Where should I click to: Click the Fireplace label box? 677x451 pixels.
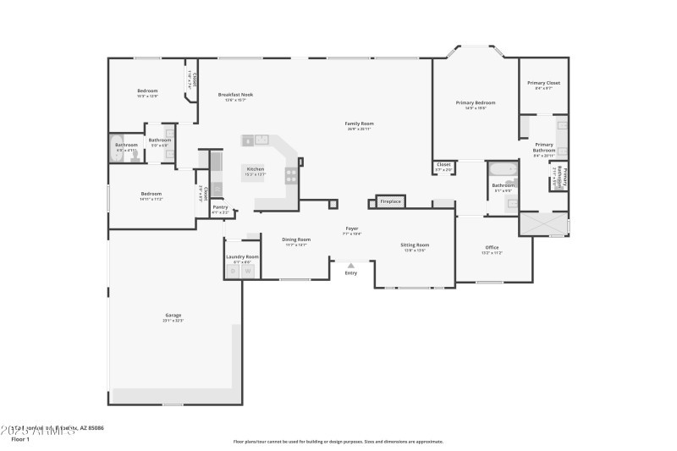pos(390,201)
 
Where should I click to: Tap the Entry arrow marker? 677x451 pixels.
pos(351,266)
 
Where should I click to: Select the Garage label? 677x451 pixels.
pos(173,316)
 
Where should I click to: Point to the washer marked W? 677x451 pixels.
pos(247,272)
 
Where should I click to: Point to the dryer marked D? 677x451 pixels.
pos(234,272)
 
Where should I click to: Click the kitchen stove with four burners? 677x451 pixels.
pos(291,176)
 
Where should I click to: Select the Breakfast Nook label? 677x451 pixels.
pos(235,95)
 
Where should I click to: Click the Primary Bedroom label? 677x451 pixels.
pos(475,102)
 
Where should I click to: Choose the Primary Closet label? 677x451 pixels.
pos(543,83)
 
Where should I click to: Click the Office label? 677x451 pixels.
pos(492,247)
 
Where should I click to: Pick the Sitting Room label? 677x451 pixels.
pos(415,245)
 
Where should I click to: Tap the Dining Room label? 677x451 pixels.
pos(296,239)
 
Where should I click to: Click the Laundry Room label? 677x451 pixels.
pos(241,256)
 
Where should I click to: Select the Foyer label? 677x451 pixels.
pos(352,228)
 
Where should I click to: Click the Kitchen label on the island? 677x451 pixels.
pos(255,169)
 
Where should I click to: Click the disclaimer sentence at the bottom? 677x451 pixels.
pos(338,441)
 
